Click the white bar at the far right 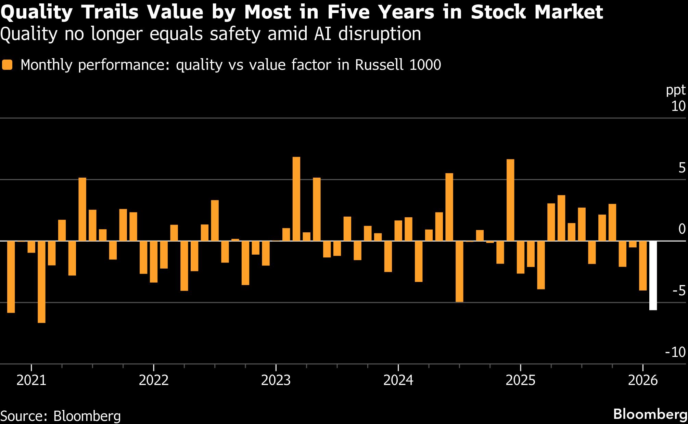653,275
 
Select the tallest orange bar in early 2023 296,199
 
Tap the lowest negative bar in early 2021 41,282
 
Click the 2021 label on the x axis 31,381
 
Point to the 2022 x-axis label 154,381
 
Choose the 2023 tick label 276,381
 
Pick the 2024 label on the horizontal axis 398,381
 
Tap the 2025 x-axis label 520,381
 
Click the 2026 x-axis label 643,381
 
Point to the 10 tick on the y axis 678,106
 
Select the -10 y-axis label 675,352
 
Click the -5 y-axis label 679,291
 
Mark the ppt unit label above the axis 676,90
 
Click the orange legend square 7,65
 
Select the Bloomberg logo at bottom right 650,414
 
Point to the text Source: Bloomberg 61,416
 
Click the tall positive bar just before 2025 510,200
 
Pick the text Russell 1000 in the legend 398,65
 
